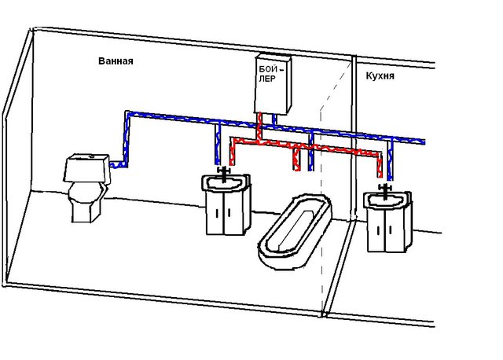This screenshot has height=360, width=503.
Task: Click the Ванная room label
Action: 116,61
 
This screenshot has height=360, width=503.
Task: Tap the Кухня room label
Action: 380,76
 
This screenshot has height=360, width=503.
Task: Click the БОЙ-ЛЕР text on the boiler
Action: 271,74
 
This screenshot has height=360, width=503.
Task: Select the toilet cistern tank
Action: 86,168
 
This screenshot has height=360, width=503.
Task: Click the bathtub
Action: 296,231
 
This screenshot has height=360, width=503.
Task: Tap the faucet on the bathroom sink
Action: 224,173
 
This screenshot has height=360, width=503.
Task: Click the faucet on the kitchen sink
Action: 384,190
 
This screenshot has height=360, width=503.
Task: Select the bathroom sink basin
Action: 226,183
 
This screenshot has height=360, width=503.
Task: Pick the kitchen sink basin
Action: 387,200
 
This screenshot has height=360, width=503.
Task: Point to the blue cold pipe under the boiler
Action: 274,119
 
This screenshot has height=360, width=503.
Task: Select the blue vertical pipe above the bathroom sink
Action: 218,144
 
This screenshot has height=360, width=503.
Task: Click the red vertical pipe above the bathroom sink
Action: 232,152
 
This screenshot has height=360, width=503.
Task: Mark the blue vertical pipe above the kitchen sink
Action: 390,158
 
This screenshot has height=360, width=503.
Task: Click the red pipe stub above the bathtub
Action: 296,158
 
